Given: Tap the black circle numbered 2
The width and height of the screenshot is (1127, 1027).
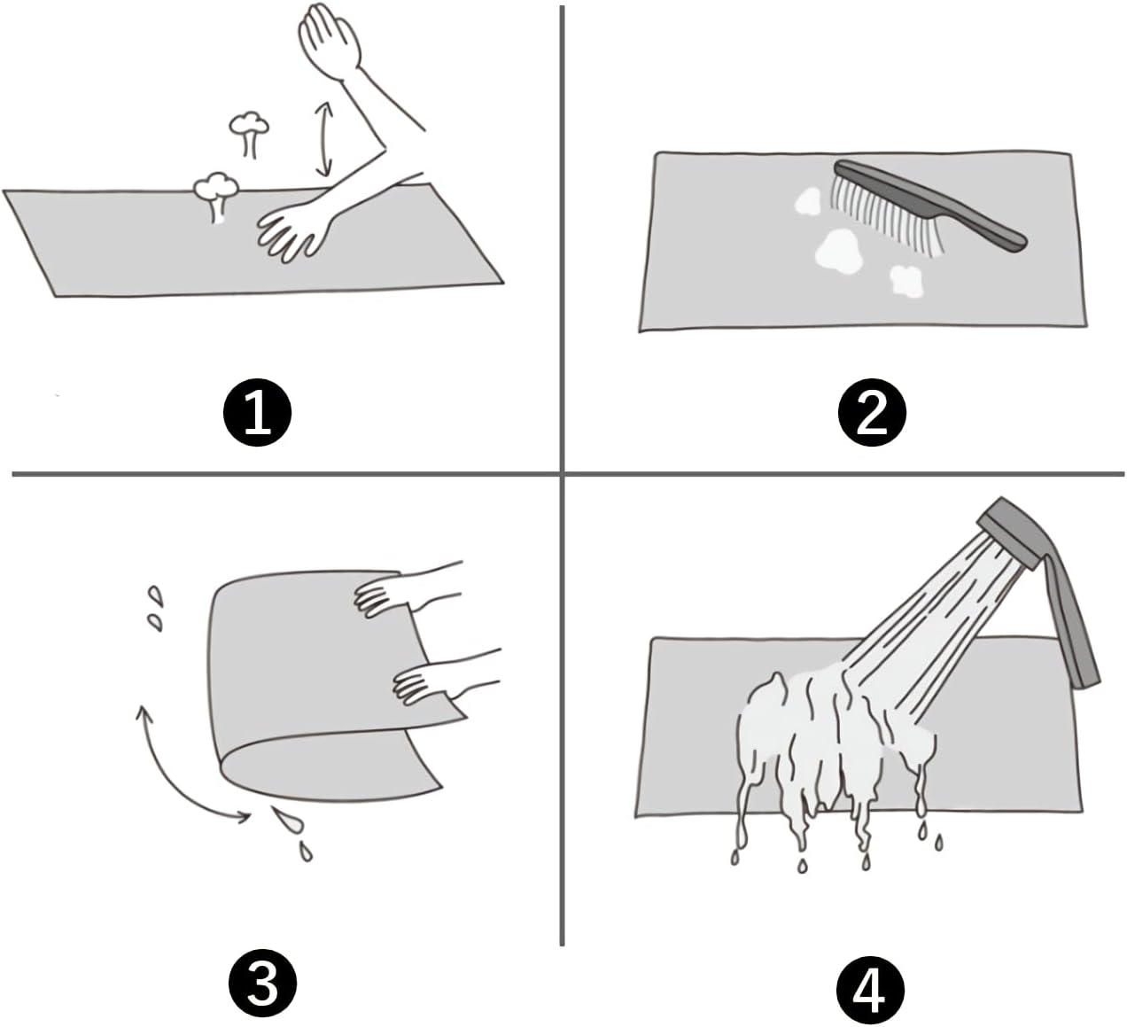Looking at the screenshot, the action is (x=872, y=413).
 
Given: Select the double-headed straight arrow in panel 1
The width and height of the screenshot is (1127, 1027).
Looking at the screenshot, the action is (x=324, y=138).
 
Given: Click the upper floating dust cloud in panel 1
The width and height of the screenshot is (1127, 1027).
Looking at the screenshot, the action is (x=248, y=132).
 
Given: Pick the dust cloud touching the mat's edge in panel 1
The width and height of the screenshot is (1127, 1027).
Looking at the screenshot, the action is (x=215, y=195).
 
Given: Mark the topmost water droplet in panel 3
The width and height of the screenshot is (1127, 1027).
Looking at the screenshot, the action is (x=156, y=595).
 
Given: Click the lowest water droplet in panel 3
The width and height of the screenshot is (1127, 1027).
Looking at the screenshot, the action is (x=306, y=851).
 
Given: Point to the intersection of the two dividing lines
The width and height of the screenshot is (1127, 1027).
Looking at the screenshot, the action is (x=562, y=474).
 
